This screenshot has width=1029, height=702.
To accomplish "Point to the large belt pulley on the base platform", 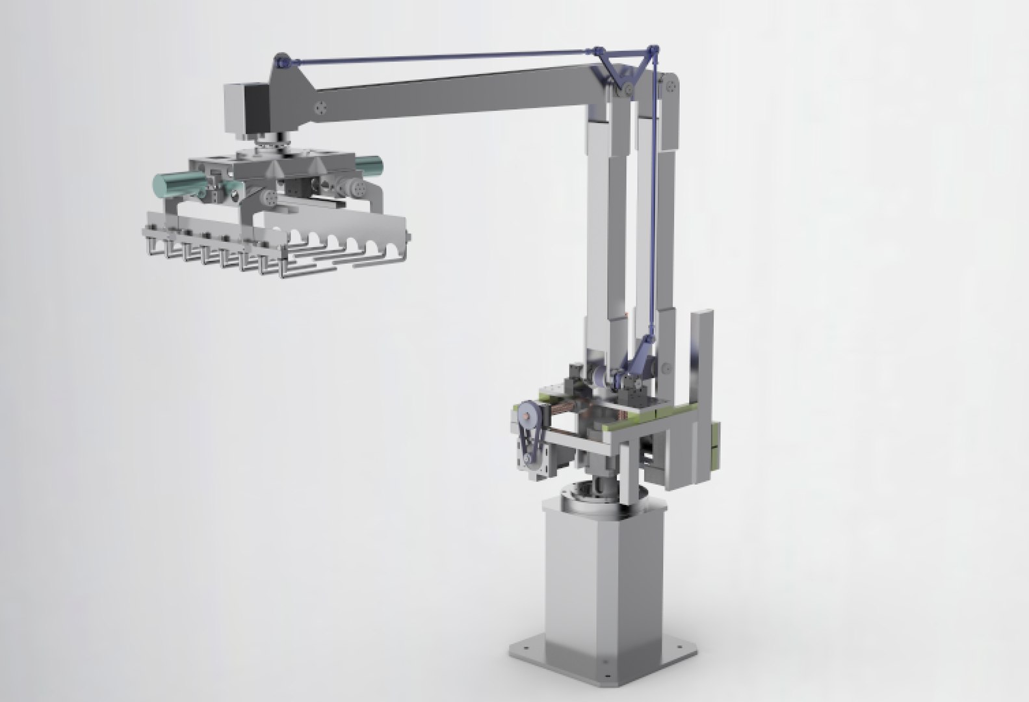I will pos(528,412).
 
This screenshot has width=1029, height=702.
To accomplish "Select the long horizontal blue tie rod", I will pos(442,57).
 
